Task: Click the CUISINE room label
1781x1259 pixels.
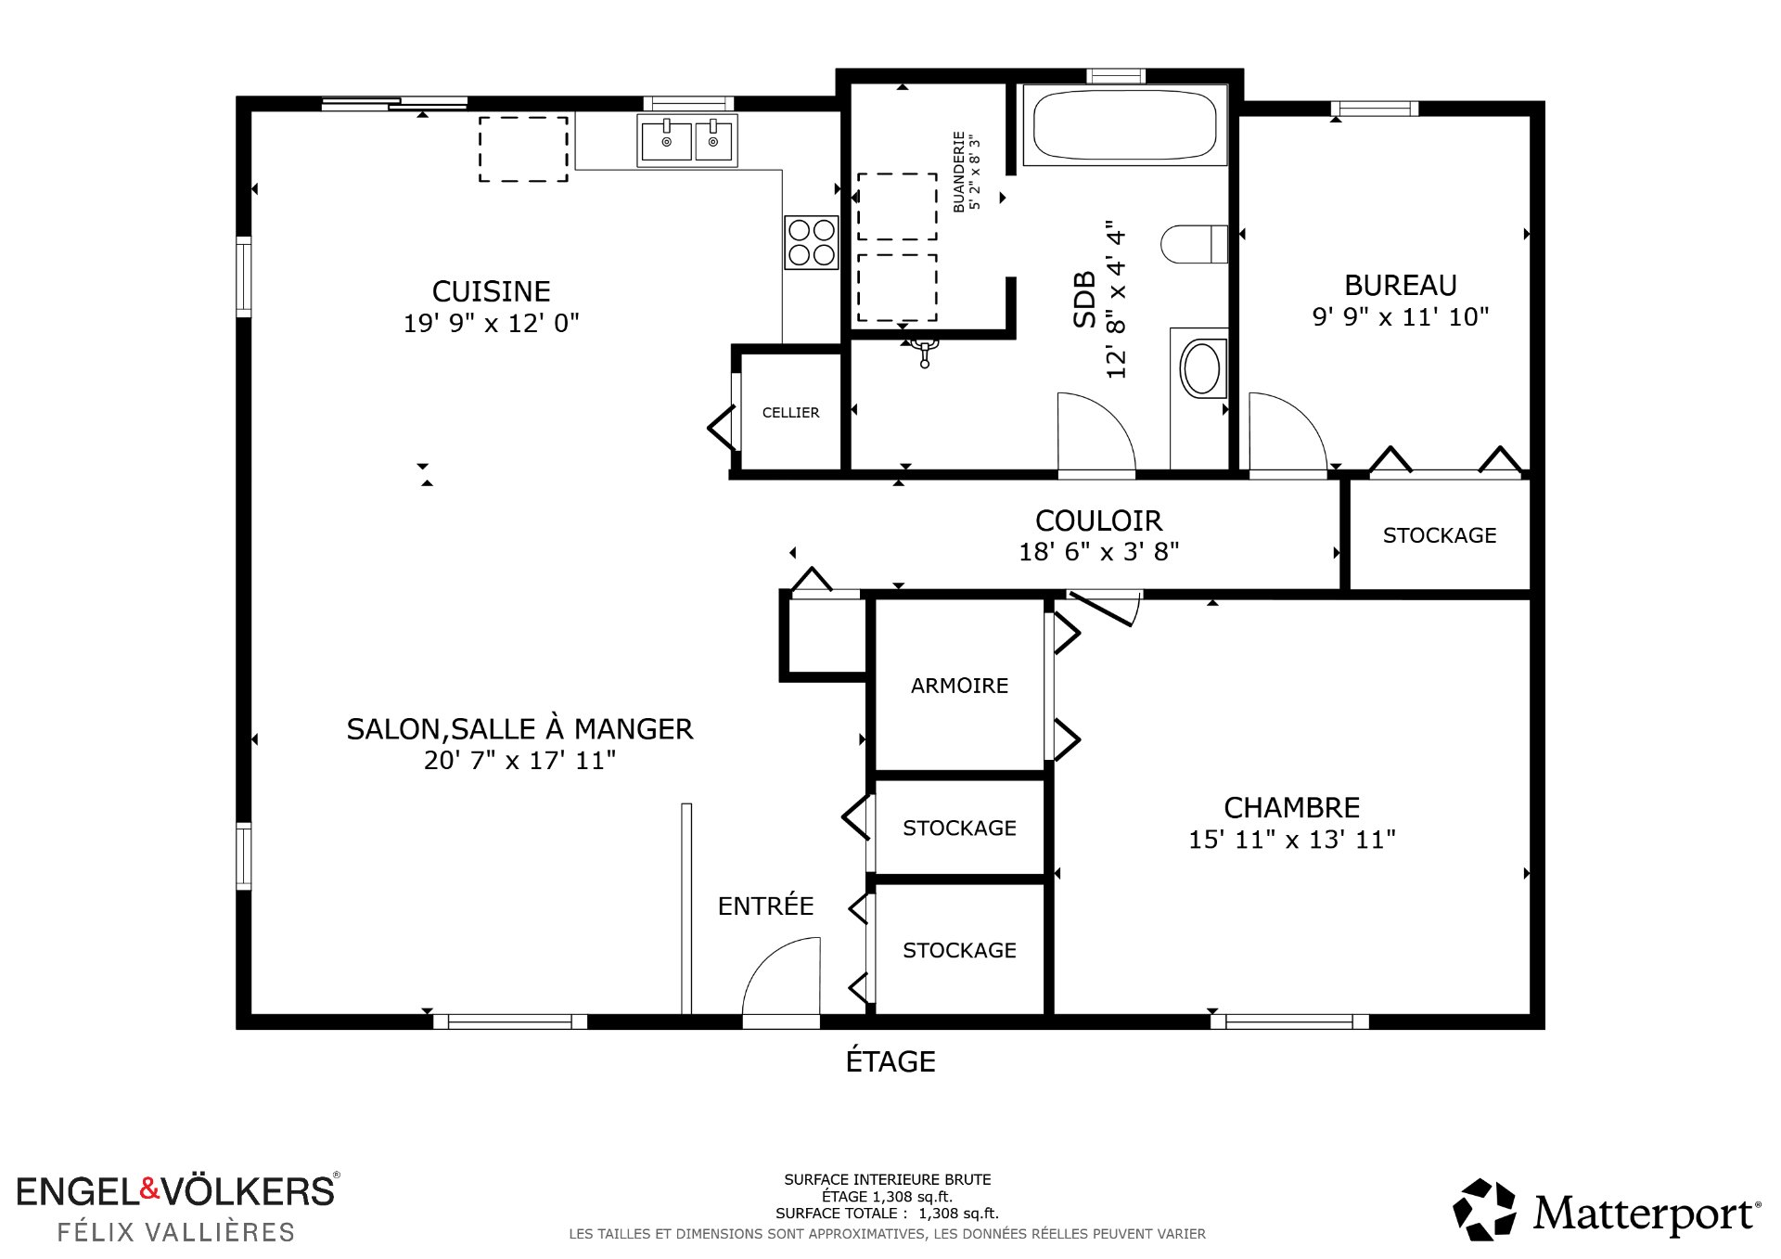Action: [491, 291]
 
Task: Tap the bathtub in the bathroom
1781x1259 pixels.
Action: [1124, 124]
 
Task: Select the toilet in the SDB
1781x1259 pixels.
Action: [1195, 244]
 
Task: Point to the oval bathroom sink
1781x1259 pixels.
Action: [1202, 368]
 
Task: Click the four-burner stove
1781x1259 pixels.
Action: [812, 242]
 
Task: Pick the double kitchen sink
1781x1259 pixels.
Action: [687, 141]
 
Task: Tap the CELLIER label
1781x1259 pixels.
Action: [790, 413]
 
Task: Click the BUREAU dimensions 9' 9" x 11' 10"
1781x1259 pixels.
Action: [1400, 317]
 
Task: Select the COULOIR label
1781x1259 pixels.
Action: [1098, 520]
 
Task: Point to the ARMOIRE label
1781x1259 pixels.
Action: [959, 686]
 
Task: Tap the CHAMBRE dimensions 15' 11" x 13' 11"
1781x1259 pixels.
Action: [1292, 840]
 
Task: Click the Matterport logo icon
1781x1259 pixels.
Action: [1484, 1209]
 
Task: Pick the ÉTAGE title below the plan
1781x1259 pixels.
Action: [890, 1060]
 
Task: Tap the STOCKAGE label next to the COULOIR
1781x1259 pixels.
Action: [1440, 535]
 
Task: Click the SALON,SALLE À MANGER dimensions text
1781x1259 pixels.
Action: [519, 761]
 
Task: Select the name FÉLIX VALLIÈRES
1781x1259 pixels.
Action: [176, 1232]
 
